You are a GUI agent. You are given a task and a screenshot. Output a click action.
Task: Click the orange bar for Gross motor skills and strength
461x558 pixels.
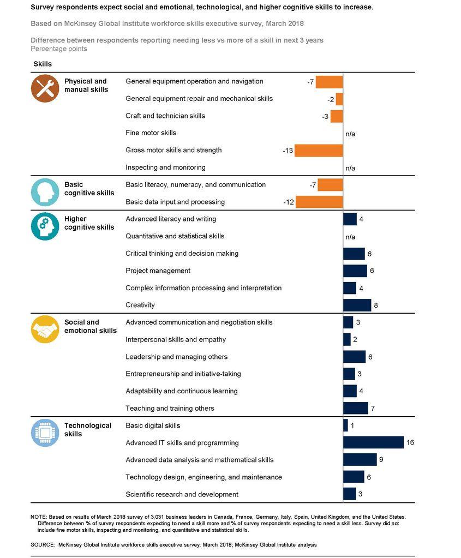(319, 151)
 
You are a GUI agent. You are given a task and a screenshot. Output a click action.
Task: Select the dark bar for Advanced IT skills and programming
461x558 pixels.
(373, 443)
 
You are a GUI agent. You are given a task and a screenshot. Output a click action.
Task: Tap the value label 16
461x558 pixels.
(410, 443)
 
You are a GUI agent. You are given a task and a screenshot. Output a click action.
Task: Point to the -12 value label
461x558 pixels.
(289, 202)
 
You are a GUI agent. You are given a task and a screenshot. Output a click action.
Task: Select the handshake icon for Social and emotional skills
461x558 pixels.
(45, 329)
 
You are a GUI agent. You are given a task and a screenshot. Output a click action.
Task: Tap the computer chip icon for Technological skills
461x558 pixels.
(45, 433)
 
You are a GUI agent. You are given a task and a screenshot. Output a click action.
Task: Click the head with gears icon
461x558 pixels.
(45, 226)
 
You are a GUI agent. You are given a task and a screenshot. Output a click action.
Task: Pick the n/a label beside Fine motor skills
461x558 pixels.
(350, 134)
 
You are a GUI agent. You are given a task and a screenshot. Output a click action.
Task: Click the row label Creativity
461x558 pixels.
(140, 305)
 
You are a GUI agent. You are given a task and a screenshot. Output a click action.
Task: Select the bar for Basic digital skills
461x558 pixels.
(345, 425)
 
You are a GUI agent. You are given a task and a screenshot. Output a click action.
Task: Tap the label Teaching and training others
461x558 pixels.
(170, 408)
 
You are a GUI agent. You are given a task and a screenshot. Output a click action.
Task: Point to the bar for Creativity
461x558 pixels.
(357, 305)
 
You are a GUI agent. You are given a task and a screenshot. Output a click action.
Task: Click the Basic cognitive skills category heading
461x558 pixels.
(89, 189)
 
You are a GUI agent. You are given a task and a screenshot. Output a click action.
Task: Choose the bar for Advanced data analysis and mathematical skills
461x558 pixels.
(360, 460)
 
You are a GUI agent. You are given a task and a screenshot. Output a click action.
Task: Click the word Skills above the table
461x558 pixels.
(43, 64)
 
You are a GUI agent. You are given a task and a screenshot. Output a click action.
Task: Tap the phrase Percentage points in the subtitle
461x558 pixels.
(58, 49)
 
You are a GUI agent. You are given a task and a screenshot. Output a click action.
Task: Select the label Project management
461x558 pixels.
(158, 271)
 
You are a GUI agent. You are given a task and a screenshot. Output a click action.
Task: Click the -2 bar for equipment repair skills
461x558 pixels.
(339, 99)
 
